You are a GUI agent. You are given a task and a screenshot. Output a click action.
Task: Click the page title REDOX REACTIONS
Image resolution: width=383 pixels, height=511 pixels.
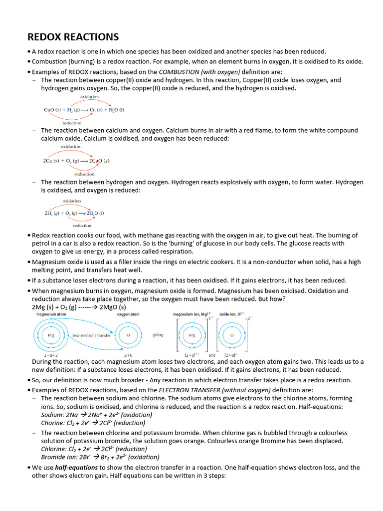click(73, 37)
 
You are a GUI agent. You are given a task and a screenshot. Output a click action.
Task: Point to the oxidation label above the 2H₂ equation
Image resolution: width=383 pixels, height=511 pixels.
click(72, 201)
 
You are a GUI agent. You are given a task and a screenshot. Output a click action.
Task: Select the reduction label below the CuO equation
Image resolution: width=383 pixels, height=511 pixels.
click(72, 122)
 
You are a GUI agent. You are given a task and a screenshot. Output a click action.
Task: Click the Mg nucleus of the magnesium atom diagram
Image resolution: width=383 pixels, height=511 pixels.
click(50, 335)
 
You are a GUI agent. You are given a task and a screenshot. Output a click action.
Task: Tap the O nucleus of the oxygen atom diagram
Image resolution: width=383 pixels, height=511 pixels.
click(128, 335)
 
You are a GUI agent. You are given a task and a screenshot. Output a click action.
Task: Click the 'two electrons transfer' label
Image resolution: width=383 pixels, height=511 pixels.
click(91, 335)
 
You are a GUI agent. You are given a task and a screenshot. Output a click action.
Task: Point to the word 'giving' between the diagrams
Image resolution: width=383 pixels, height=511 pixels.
click(158, 335)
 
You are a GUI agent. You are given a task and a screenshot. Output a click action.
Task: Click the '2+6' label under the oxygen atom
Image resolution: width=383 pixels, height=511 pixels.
click(128, 355)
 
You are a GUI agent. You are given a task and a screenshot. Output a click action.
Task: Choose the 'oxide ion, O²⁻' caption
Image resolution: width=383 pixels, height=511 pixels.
click(232, 314)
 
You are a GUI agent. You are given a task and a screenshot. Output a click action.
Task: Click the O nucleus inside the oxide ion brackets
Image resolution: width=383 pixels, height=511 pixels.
click(231, 335)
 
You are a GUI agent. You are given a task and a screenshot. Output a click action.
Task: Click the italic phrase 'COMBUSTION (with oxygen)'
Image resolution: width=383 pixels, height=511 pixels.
click(191, 72)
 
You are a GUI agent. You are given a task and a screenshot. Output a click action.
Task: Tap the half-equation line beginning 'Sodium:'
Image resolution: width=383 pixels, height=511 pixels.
click(97, 415)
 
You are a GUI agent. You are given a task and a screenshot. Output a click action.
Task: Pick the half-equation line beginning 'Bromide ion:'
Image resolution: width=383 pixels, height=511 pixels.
click(100, 457)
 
